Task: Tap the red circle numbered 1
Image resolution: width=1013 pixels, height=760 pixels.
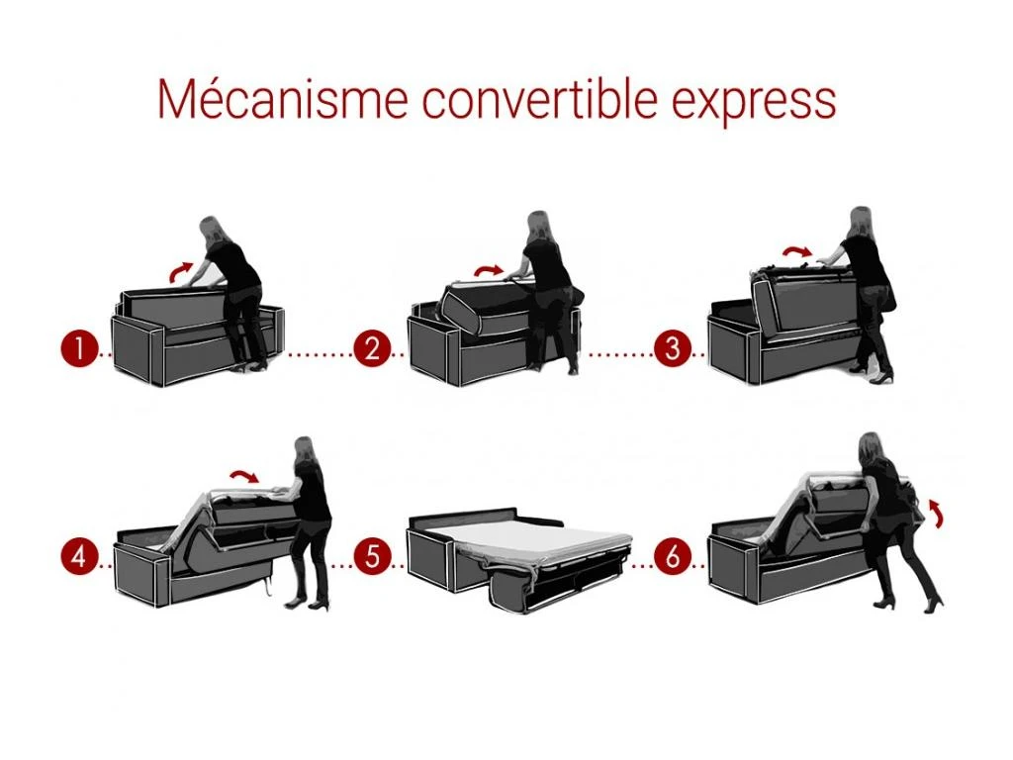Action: [76, 349]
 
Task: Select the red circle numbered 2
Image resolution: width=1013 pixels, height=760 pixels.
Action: [373, 349]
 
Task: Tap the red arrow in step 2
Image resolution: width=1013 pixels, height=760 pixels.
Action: [487, 269]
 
